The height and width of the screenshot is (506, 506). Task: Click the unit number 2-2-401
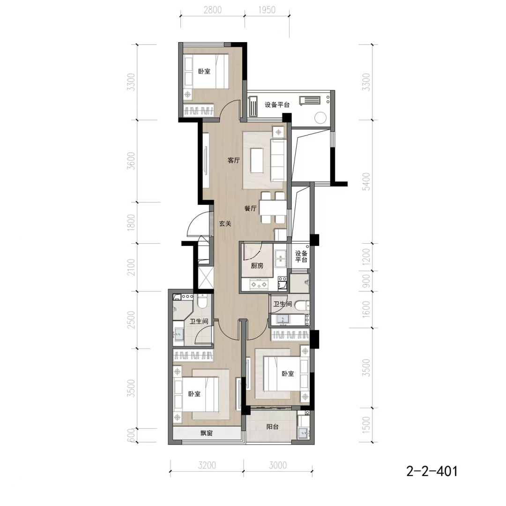click(x=432, y=471)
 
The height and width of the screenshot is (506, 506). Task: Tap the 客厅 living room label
click(x=234, y=160)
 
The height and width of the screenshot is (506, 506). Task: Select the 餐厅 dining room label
click(x=250, y=208)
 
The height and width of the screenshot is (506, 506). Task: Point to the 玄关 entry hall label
click(x=225, y=223)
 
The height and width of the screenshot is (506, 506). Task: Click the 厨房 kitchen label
click(x=257, y=266)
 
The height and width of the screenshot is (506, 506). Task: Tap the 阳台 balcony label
click(x=272, y=427)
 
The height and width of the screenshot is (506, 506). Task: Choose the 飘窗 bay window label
click(x=206, y=433)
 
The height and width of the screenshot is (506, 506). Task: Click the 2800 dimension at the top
click(x=213, y=10)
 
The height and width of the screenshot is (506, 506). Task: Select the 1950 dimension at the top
click(x=267, y=10)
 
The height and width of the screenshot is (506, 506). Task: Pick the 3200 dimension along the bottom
click(x=207, y=465)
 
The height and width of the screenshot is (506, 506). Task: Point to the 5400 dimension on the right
click(x=366, y=182)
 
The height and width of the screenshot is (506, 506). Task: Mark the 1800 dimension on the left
click(x=131, y=223)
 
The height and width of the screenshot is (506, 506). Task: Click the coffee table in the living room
click(x=257, y=160)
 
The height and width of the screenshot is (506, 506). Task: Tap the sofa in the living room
click(x=278, y=160)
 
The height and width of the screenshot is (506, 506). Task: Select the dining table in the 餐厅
click(x=273, y=208)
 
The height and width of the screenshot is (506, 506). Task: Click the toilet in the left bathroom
click(x=202, y=301)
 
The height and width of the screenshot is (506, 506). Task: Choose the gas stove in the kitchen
click(x=260, y=285)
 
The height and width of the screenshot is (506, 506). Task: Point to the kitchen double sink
click(x=281, y=258)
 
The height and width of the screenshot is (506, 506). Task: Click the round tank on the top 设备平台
click(x=321, y=118)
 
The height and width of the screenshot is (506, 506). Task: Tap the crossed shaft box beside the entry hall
click(x=206, y=278)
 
